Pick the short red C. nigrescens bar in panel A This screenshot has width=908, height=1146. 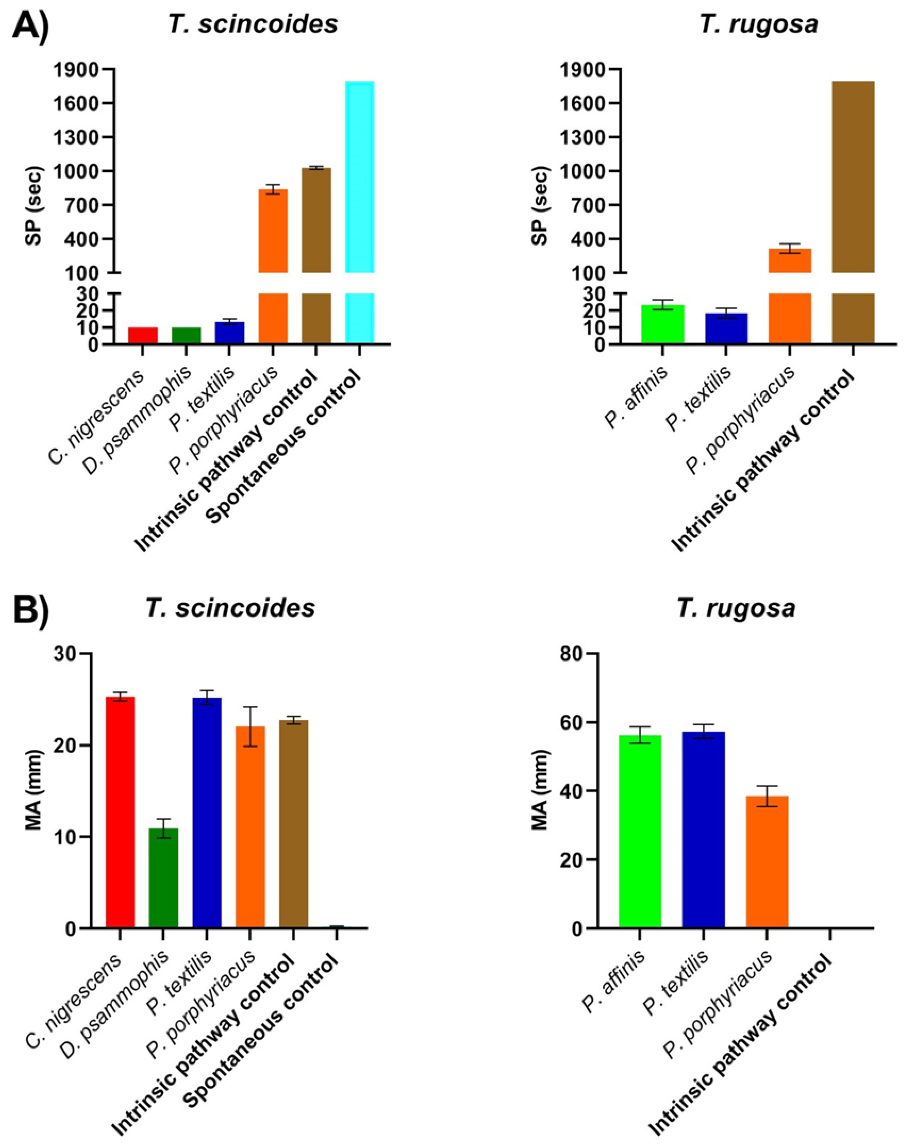pos(143,336)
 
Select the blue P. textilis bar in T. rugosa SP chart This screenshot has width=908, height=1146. pos(726,328)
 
